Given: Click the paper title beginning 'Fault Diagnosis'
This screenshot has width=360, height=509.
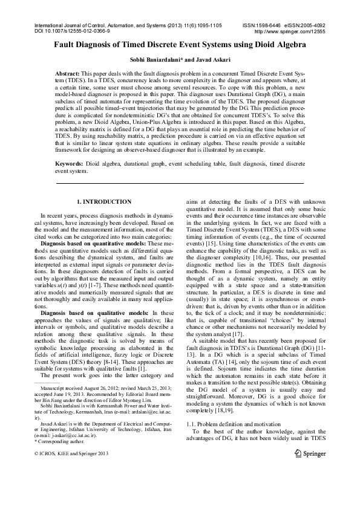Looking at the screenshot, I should point(180,45).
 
